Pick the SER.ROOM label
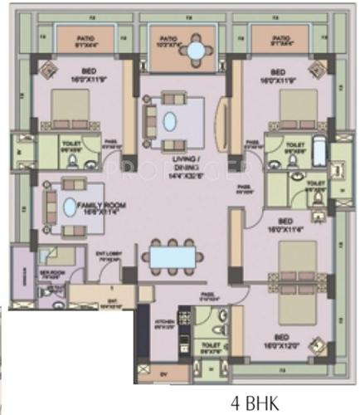click(51, 272)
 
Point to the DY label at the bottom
click(163, 373)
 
